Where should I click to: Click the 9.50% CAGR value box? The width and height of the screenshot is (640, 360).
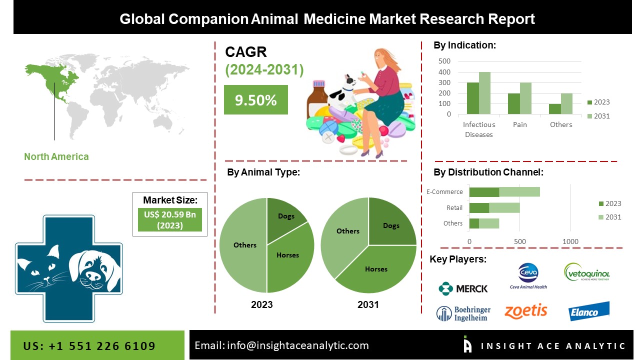[x=255, y=100]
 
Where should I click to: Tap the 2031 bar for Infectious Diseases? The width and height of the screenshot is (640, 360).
[x=484, y=93]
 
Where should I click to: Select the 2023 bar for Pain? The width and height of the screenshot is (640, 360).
[x=513, y=103]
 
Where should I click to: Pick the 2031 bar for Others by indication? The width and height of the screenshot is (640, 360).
[x=566, y=103]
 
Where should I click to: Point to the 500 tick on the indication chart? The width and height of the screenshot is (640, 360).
[x=444, y=61]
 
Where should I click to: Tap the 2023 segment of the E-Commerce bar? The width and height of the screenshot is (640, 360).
[x=484, y=192]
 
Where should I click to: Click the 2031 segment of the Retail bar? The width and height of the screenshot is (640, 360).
[x=504, y=207]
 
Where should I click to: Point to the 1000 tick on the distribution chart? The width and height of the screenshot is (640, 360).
[x=570, y=241]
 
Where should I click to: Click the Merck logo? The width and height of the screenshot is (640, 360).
[x=462, y=288]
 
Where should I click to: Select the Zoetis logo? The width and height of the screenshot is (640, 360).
[x=525, y=311]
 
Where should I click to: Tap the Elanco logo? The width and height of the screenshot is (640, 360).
[x=588, y=311]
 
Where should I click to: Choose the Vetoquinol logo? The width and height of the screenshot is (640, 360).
[x=586, y=273]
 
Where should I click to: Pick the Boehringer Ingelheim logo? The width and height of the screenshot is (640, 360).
[x=463, y=313]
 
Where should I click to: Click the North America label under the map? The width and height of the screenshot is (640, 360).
[x=56, y=156]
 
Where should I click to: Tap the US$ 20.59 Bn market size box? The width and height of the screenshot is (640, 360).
[x=170, y=219]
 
